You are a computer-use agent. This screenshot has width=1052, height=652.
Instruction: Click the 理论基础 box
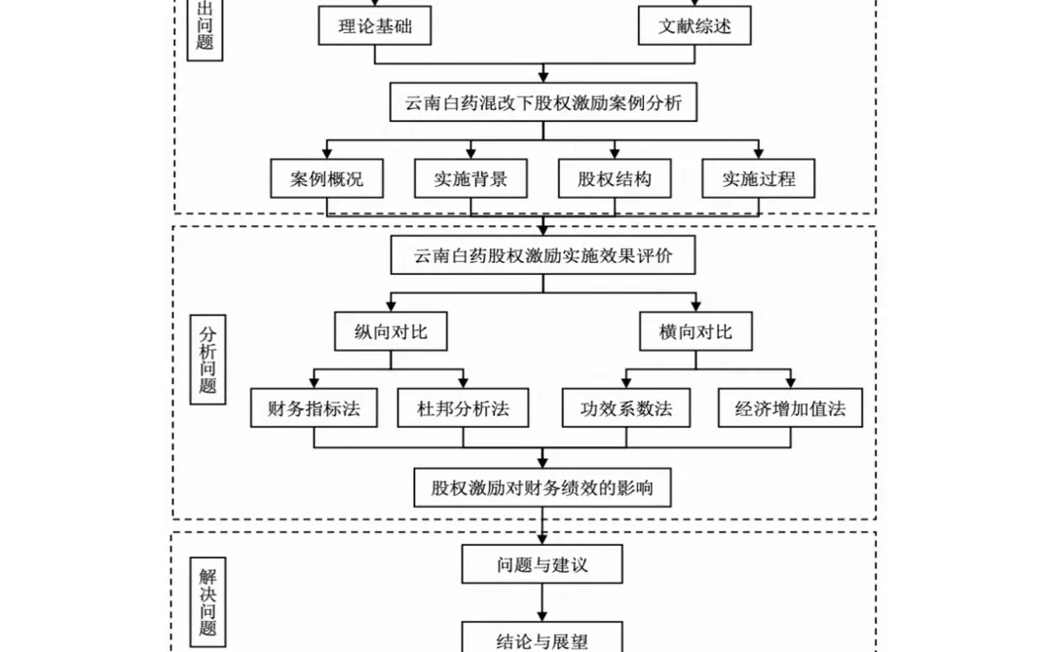tap(375, 26)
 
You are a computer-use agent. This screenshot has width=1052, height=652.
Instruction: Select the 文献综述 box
tap(695, 26)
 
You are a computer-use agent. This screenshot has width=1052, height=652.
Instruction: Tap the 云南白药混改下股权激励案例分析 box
tap(544, 102)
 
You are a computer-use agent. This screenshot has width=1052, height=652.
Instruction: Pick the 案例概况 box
tap(326, 179)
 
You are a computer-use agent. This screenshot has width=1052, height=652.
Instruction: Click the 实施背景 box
tap(470, 179)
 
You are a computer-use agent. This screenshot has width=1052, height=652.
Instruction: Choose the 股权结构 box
tap(615, 179)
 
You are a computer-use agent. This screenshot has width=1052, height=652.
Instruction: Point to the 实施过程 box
tap(759, 179)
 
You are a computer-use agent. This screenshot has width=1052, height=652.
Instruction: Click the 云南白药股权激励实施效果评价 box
tap(543, 255)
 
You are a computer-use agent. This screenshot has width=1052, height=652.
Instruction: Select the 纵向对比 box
tap(392, 331)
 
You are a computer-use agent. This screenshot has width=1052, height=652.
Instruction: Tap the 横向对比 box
tap(695, 331)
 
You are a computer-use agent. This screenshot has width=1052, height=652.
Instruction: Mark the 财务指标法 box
tap(314, 408)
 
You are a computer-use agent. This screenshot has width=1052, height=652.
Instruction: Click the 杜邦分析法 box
tap(464, 408)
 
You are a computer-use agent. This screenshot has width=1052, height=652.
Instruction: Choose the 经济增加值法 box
tap(791, 408)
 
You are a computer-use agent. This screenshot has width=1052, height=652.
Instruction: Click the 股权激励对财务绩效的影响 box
tap(543, 487)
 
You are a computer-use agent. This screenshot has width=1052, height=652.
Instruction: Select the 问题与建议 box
tap(543, 564)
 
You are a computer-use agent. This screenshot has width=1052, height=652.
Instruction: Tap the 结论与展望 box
tap(543, 639)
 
